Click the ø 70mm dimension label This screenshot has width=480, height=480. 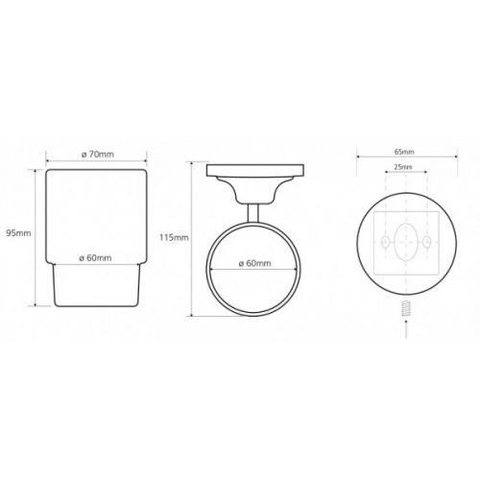coord(98,155)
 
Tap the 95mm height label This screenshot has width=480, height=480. coord(19,233)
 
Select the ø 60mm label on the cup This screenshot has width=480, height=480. coord(96,258)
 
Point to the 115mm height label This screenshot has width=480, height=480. coord(174,237)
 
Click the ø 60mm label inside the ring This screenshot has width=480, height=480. coord(255,263)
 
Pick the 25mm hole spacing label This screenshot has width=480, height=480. coord(403,167)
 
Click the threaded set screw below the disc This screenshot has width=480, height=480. coord(406,308)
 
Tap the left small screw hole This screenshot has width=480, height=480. coord(386,242)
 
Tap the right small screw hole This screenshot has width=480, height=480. coord(426,242)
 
